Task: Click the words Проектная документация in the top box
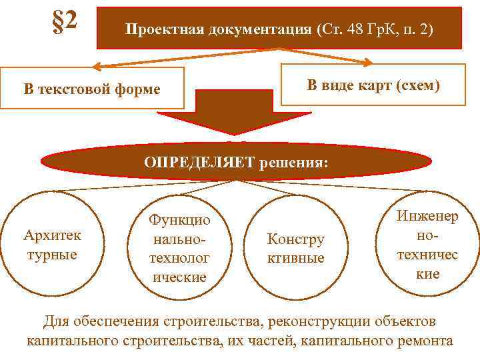point(218,30)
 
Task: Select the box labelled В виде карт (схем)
point(373,85)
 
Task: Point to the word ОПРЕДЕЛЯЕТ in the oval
point(198,161)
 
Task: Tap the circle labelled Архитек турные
point(52,245)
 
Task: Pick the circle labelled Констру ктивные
point(295,248)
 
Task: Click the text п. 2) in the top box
point(414,30)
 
